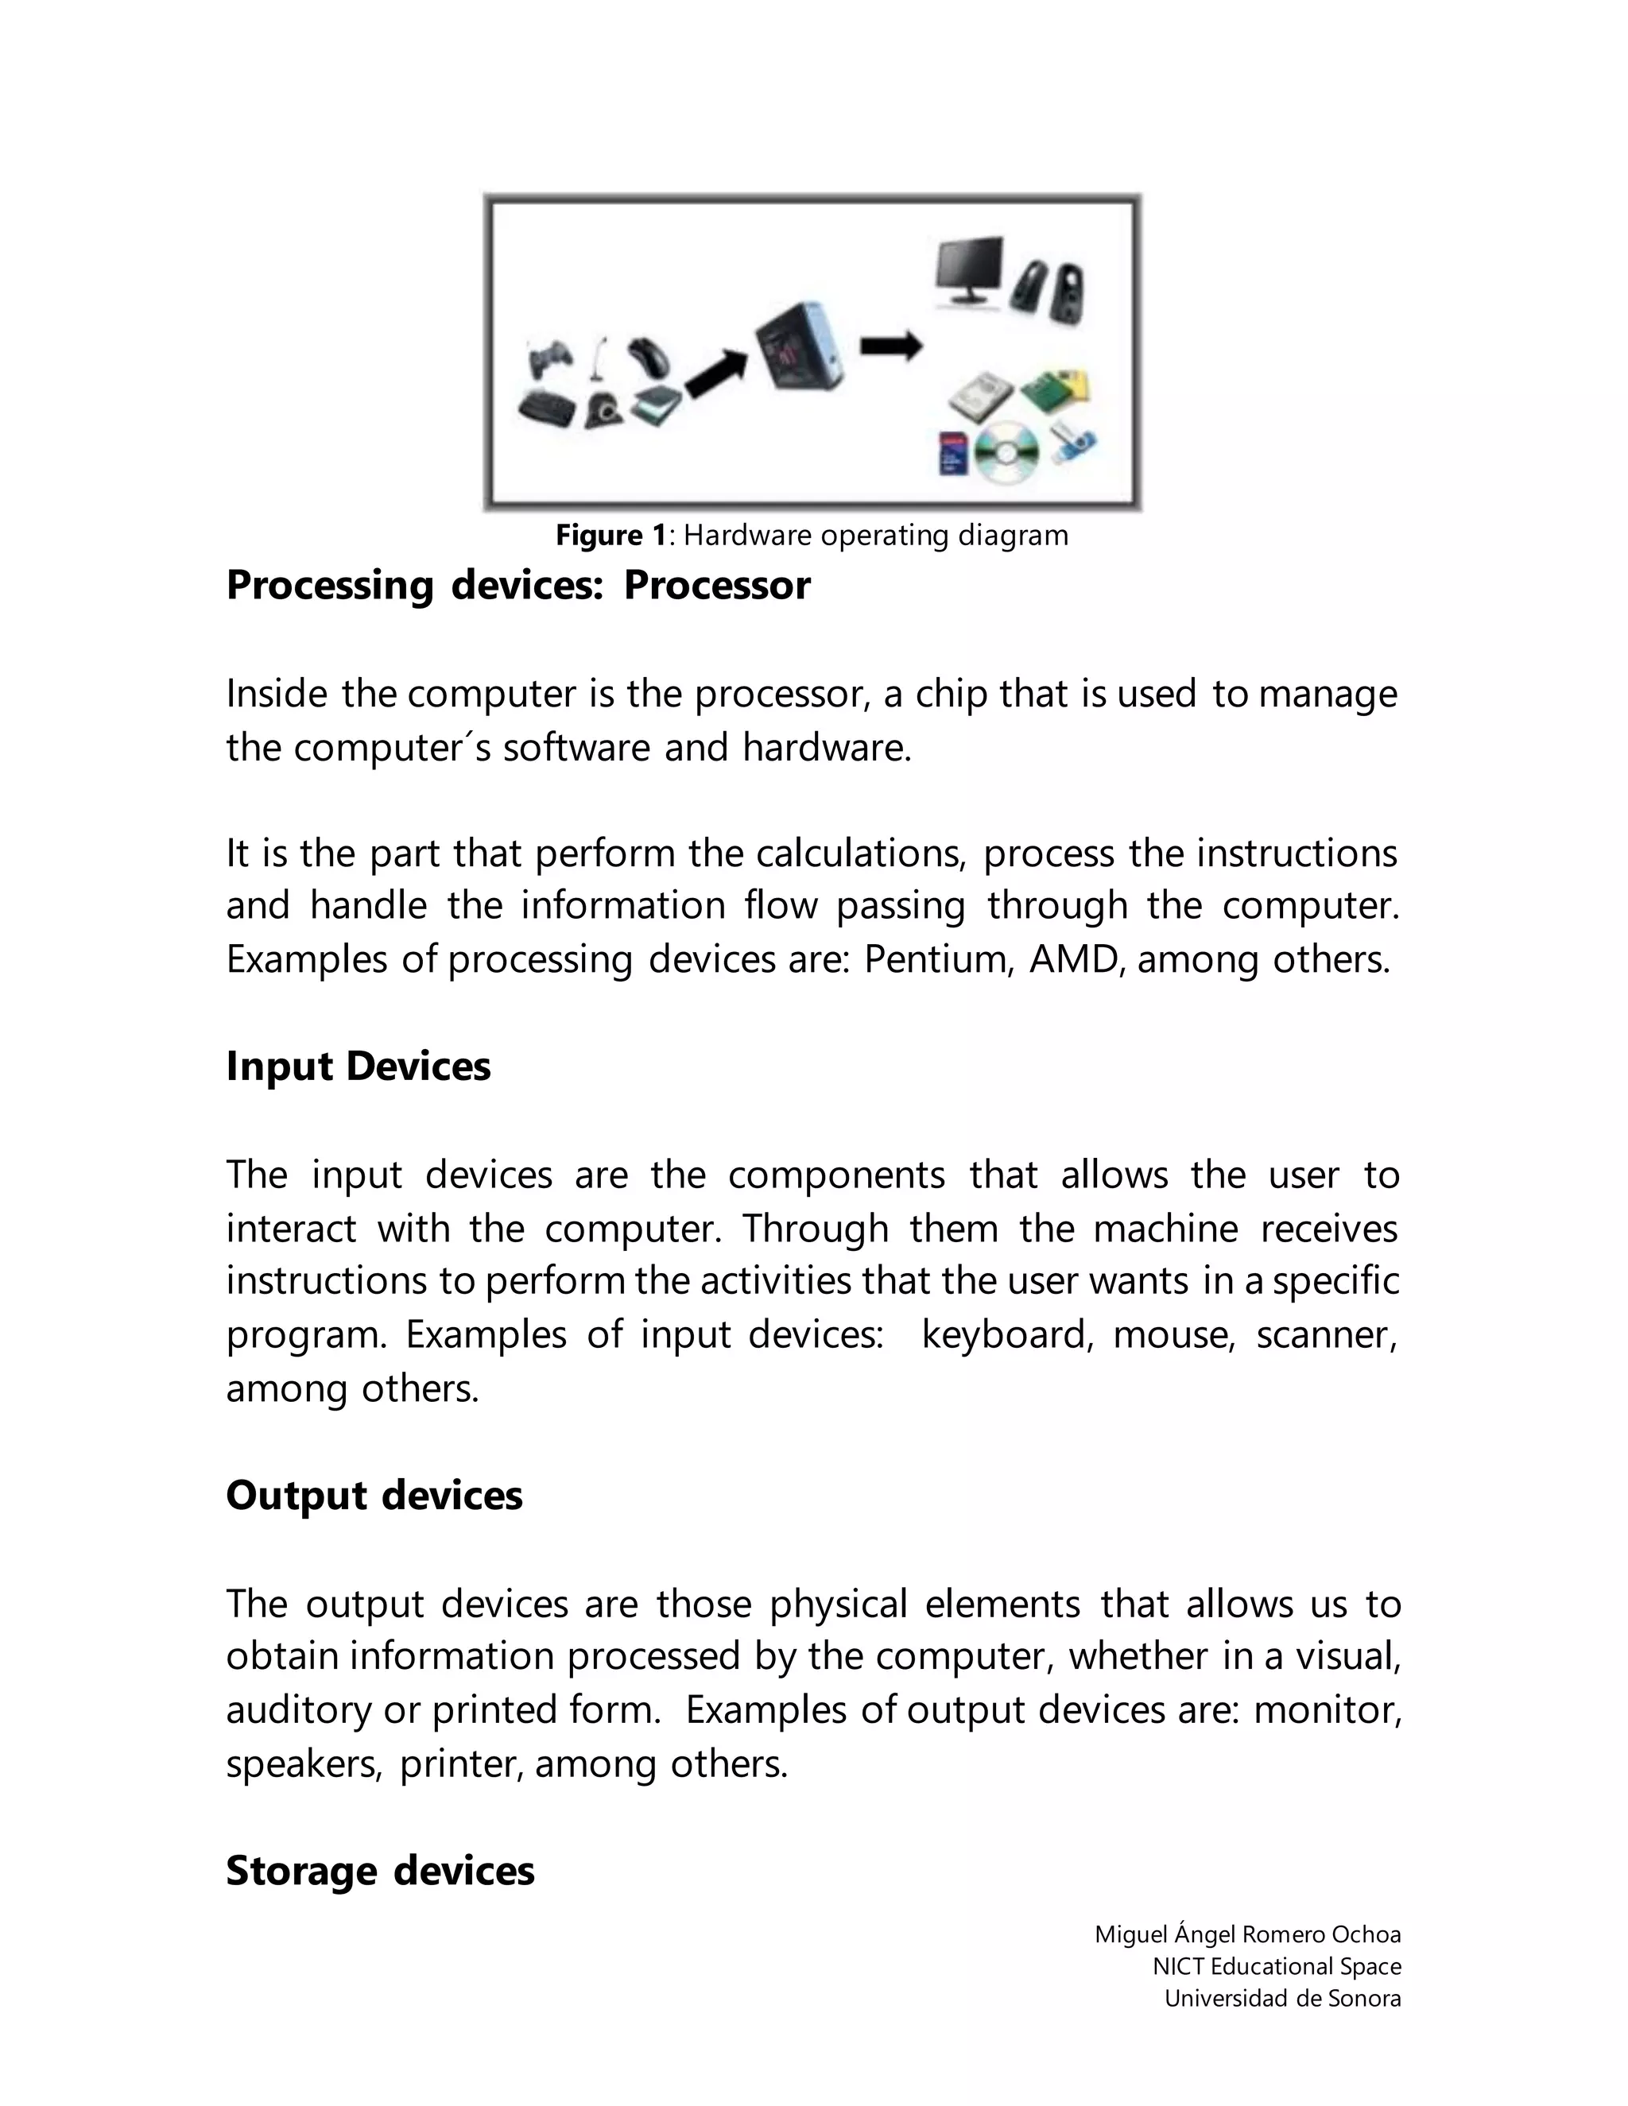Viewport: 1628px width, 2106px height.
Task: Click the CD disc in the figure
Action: coord(1006,451)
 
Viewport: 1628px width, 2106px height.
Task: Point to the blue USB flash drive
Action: coord(1073,441)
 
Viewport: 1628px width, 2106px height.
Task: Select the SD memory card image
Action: coord(953,451)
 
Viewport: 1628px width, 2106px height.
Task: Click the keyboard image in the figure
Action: coord(547,407)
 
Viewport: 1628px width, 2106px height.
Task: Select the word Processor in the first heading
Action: coord(716,586)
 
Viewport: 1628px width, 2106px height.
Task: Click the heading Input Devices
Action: coord(358,1067)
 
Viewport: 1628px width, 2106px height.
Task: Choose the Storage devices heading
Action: coord(380,1870)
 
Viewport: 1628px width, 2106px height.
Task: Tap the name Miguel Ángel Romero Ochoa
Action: coord(1247,1934)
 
